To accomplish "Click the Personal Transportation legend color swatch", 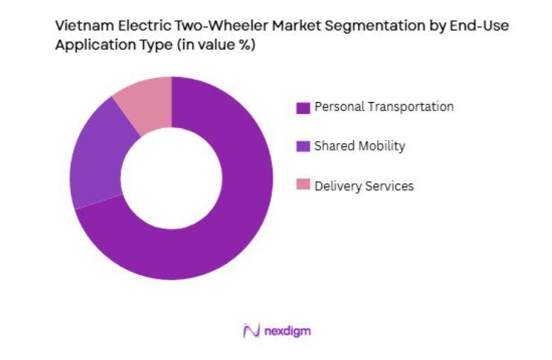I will (302, 107).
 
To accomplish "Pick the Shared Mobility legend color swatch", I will (302, 147).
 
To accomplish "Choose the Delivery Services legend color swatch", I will (302, 186).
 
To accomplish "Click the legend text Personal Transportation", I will (384, 107).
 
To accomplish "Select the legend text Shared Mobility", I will (360, 146).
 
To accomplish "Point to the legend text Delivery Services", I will (364, 186).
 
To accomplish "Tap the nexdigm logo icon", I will (250, 330).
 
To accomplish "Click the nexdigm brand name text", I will (286, 330).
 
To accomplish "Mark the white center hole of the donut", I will (171, 178).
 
